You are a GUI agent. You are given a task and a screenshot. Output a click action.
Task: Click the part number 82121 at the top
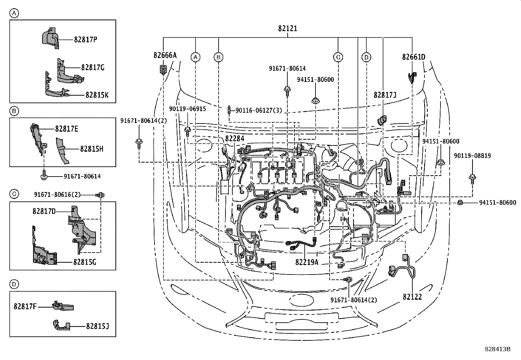(288, 28)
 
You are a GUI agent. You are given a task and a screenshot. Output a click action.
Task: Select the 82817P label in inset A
(85, 39)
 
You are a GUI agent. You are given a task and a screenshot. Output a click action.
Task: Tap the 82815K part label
(97, 95)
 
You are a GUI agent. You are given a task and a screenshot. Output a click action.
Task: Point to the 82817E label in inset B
(66, 129)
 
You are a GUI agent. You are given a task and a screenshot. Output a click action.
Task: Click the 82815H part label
(92, 149)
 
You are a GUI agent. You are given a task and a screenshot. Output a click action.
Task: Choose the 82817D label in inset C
(44, 211)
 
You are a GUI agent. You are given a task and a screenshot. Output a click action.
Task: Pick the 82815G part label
(84, 262)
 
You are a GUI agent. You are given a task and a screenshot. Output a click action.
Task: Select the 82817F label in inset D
(25, 307)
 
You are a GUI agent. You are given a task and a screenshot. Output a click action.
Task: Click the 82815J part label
(98, 326)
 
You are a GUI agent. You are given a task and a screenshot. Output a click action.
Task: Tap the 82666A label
(165, 55)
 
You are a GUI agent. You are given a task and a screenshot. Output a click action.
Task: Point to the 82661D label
(414, 57)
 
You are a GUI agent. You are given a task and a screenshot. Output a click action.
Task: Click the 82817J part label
(385, 95)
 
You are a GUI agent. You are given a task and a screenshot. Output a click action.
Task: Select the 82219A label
(307, 262)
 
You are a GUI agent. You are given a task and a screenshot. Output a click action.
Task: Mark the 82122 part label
(412, 297)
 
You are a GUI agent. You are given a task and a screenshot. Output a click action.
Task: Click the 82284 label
(235, 139)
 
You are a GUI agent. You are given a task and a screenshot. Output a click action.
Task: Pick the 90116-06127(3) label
(259, 111)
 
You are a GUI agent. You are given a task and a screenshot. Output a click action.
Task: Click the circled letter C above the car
(338, 57)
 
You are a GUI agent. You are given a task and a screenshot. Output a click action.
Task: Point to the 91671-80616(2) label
(57, 195)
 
